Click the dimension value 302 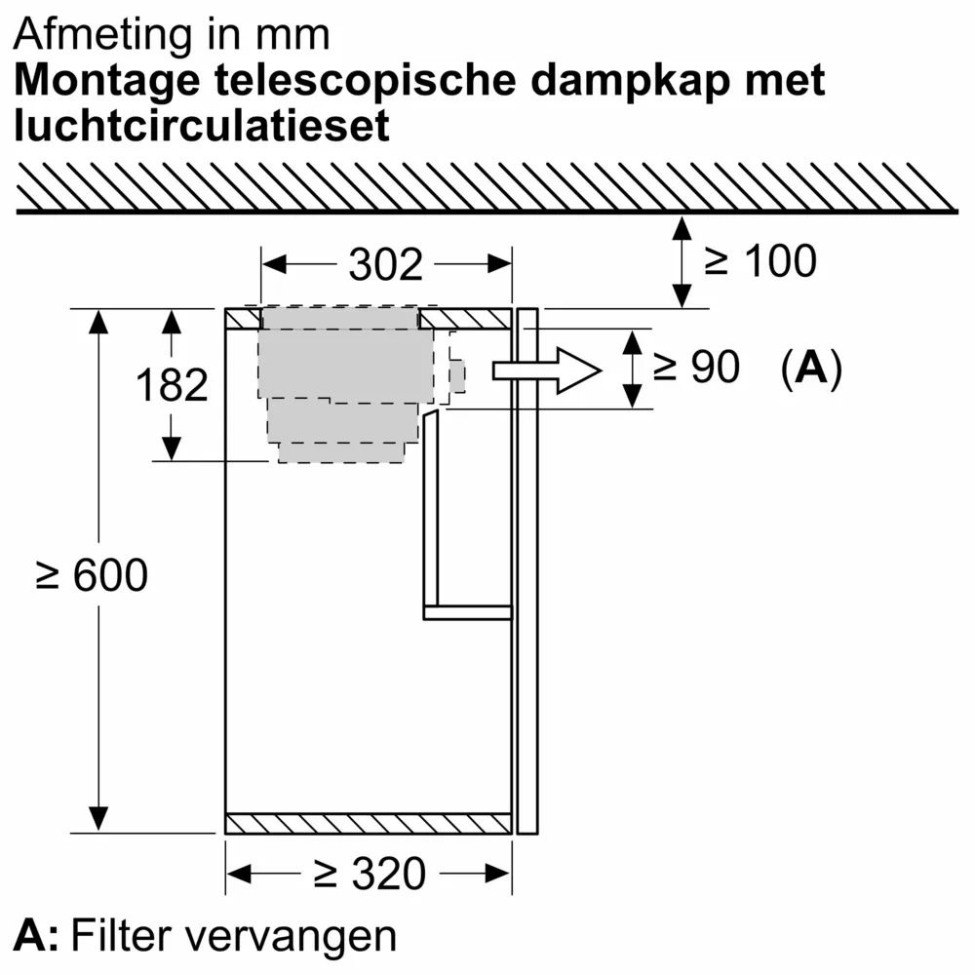tap(386, 264)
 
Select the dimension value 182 tap(172, 385)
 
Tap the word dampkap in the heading tap(619, 81)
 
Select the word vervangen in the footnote tap(291, 937)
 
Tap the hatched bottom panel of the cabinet tap(369, 824)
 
